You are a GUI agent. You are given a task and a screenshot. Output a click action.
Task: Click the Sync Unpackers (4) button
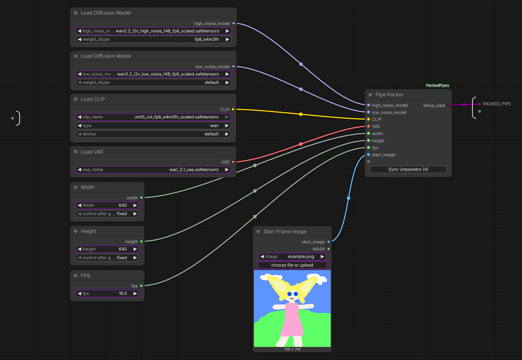click(x=408, y=169)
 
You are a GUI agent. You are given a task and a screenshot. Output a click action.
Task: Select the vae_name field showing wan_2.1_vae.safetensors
click(x=153, y=170)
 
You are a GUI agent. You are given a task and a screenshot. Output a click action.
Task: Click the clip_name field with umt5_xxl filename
click(x=153, y=117)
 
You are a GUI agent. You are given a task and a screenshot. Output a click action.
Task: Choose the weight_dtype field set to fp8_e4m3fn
click(x=153, y=39)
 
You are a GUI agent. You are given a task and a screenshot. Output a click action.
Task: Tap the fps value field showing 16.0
click(x=107, y=293)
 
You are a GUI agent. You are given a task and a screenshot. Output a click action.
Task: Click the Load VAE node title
click(x=92, y=152)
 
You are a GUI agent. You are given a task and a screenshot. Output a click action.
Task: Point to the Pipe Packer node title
click(x=389, y=95)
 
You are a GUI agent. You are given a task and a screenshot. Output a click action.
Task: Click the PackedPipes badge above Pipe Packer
click(x=438, y=85)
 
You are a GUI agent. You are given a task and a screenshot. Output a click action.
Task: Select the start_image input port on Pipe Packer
click(x=369, y=155)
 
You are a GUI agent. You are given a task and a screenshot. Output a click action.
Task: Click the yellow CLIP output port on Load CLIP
click(x=233, y=109)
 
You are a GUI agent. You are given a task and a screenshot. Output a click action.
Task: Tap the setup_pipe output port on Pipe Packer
click(x=449, y=105)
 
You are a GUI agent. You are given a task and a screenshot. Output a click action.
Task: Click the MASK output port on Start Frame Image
click(x=328, y=249)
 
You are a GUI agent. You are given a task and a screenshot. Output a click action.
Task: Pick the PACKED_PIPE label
click(x=497, y=104)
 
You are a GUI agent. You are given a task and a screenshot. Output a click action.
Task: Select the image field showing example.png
click(x=292, y=256)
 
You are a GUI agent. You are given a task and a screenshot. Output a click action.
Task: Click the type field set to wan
click(x=153, y=126)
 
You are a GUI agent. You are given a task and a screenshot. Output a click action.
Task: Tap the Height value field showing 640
click(x=107, y=249)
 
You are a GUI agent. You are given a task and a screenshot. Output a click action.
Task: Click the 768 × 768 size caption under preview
click(x=292, y=349)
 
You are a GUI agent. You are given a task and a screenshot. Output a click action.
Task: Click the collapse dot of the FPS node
click(x=76, y=276)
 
